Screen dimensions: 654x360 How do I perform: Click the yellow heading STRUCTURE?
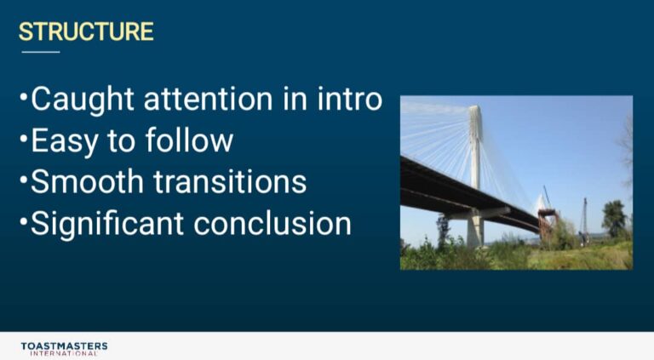pos(86,31)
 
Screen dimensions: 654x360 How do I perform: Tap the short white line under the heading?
pos(41,52)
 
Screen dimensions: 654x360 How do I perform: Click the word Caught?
pos(82,100)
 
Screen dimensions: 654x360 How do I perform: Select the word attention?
pos(208,100)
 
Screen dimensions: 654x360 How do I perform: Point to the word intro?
pos(349,100)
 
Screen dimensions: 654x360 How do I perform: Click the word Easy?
pos(64,141)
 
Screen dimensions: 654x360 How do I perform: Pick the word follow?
pos(189,140)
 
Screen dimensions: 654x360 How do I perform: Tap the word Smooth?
pos(87,181)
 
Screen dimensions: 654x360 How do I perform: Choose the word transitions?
pos(230,181)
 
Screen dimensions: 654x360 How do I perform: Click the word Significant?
pos(107,225)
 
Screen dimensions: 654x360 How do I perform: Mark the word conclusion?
pos(272,223)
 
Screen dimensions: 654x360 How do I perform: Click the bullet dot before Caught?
pos(23,96)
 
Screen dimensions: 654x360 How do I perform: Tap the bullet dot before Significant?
pos(23,220)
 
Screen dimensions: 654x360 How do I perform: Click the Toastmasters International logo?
pos(64,349)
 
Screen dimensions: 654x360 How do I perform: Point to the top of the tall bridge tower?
pos(474,106)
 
